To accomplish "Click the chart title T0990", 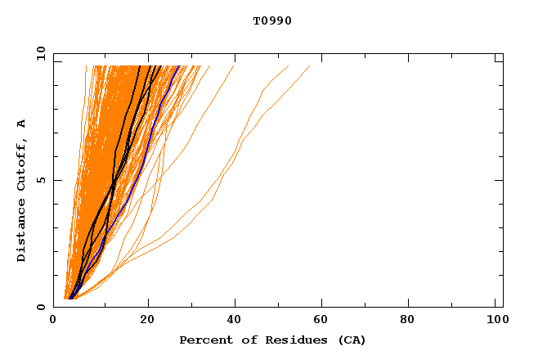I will (272, 21).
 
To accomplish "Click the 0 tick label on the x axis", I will (53, 320).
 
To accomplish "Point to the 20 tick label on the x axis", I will (147, 320).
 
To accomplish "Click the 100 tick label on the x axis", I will (495, 320).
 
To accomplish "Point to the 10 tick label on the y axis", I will (41, 54).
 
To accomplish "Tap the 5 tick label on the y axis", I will (41, 180).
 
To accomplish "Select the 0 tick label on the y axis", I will (41, 307).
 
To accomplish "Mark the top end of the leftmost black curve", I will (140, 65).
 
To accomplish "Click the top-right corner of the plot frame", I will (503, 54).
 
